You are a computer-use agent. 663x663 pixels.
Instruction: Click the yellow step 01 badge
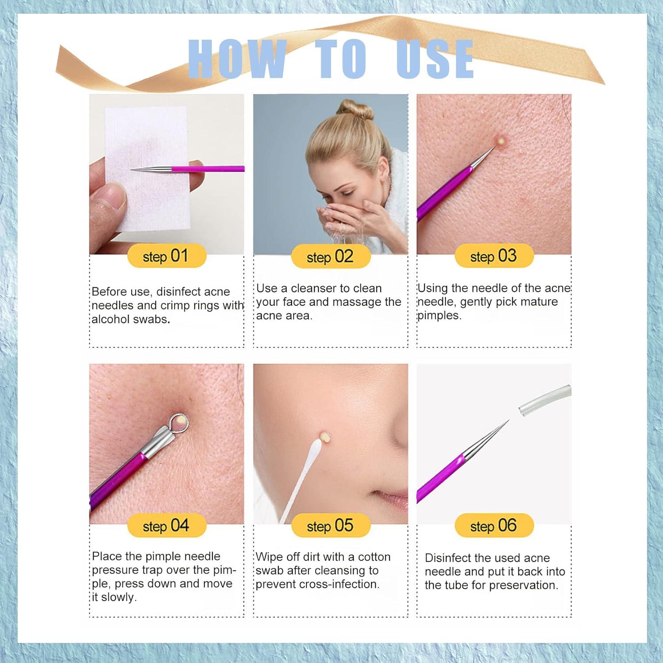[x=166, y=256]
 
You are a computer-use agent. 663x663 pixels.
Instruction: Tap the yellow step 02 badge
[x=330, y=257]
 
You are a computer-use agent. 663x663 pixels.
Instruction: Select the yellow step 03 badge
[x=494, y=256]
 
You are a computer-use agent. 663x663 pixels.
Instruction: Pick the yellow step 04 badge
[x=166, y=526]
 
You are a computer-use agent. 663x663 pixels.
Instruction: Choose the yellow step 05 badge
[x=330, y=526]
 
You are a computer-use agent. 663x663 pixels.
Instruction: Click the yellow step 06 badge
[x=494, y=526]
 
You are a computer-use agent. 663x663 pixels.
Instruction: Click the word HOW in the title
[x=236, y=59]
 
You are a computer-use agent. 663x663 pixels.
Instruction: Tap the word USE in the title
[x=435, y=59]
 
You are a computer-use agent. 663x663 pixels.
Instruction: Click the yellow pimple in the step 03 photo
[x=501, y=141]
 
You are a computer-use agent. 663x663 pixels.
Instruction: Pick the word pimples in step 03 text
[x=439, y=316]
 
